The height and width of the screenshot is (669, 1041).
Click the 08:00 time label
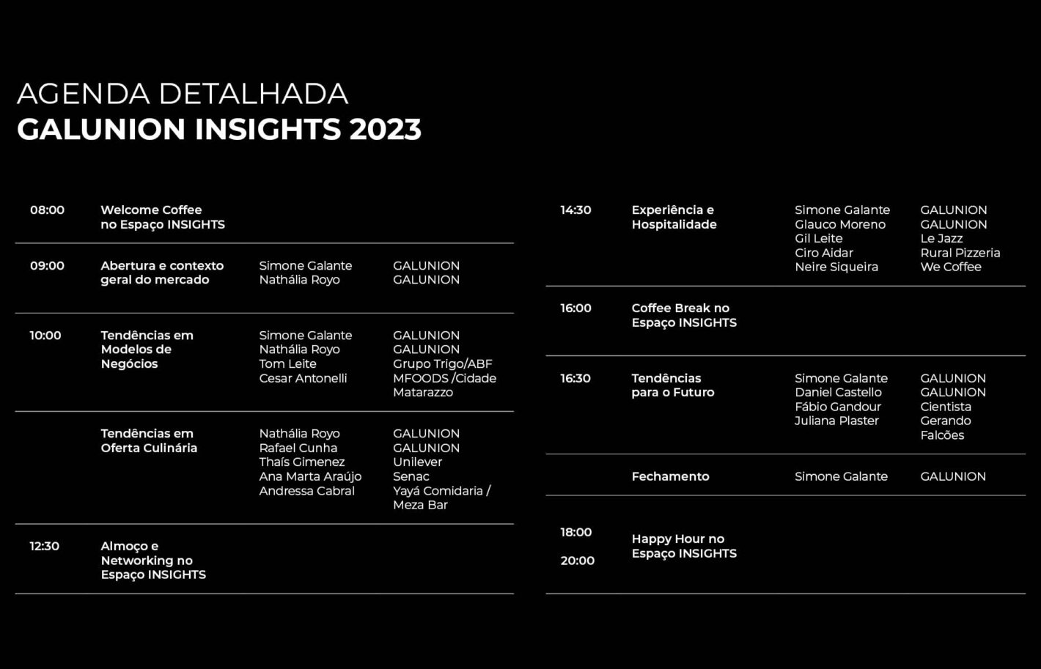coord(48,210)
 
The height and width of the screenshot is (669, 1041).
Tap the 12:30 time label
coord(45,546)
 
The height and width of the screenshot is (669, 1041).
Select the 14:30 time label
coord(575,210)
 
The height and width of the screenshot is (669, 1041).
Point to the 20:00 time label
coord(577,561)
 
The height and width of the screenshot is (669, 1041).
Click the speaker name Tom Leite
coord(287,363)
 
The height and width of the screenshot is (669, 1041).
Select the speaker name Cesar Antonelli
coord(303,378)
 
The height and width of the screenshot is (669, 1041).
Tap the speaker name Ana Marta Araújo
coord(310,477)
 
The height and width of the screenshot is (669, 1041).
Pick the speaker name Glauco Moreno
coord(840,224)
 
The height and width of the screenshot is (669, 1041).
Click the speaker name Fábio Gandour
coord(837,407)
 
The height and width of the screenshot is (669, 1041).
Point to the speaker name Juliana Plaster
coord(836,421)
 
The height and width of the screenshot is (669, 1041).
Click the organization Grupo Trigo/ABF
coord(443,363)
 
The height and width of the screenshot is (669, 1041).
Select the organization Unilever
coord(417,462)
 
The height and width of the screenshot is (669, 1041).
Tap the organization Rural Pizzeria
coord(960,253)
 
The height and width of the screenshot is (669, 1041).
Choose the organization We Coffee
coord(951,267)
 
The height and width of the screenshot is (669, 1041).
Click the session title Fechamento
coord(670,477)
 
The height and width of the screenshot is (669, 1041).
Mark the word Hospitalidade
coord(674,224)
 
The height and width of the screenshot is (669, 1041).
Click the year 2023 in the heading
coord(386,129)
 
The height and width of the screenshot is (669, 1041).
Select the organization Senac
coord(411,477)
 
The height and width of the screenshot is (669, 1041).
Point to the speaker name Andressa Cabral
coord(306,491)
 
